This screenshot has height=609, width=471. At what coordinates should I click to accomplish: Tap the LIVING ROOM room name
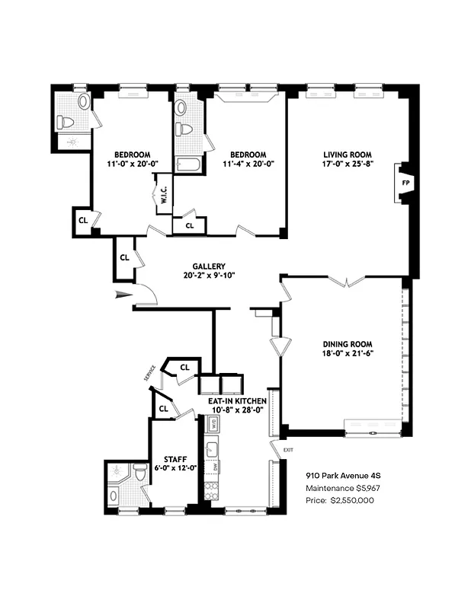[x=347, y=153]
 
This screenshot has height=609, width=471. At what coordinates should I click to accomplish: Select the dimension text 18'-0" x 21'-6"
[x=347, y=353]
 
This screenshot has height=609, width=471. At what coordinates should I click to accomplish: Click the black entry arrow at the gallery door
[x=121, y=295]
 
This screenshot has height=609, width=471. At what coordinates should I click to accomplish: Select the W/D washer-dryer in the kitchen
[x=214, y=423]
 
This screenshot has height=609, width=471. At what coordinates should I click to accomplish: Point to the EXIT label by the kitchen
[x=287, y=451]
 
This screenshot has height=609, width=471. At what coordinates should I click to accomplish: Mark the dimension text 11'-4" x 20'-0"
[x=248, y=164]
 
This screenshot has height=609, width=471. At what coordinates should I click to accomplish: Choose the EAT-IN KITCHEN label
[x=237, y=400]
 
